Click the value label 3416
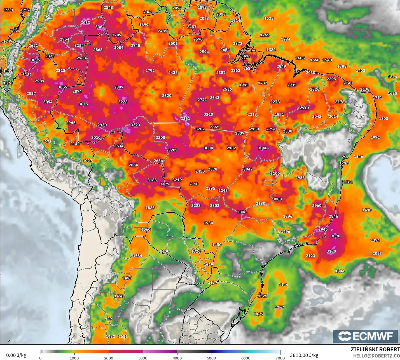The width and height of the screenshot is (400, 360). coord(246,56)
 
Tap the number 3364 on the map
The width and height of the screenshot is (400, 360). coord(100,27)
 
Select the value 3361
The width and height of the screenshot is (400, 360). coord(185,119)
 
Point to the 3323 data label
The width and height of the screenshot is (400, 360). coord(135,125)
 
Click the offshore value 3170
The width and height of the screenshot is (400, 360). coord(331,251)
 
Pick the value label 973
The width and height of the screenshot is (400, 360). coord(48,142)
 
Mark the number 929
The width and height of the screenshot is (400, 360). coord(108,319)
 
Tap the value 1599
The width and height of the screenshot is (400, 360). coord(8,10)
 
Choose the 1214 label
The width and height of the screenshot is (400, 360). coord(392,77)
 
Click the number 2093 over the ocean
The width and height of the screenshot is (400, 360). coord(377,253)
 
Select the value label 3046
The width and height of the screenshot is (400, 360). coord(263,148)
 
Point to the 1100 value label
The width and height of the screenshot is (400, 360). coord(165,251)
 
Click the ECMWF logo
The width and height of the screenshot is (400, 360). coord(365,336)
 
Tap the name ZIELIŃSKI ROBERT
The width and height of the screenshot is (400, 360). coord(375,350)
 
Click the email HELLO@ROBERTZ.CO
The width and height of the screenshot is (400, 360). coord(376,356)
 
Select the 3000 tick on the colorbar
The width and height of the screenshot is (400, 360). coord(143,358)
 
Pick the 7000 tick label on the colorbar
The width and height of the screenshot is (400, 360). coord(280,358)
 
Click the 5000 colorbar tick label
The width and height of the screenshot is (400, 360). coord(211,358)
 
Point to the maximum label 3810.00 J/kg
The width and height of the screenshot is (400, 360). coord(304,355)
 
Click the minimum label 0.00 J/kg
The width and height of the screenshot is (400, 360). coord(16,355)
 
